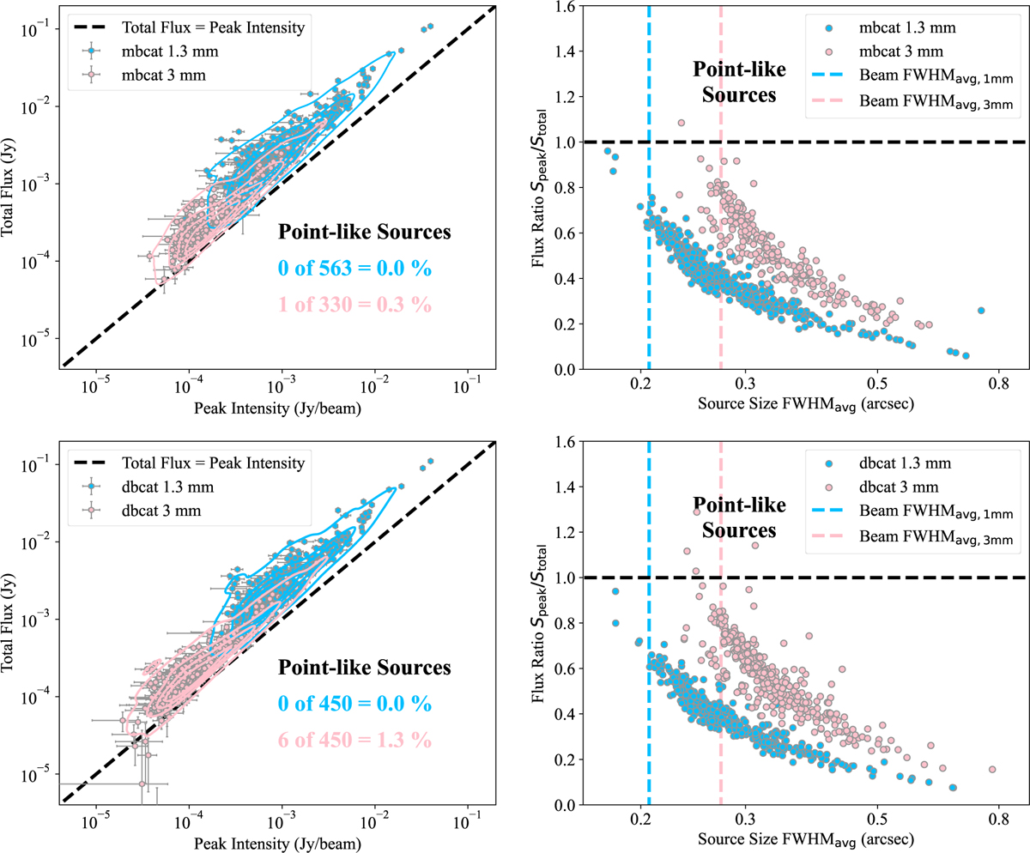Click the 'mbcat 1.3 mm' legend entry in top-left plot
tap(178, 52)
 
